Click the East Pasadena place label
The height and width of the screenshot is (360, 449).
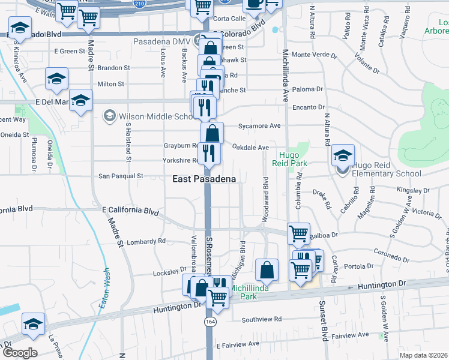(x=204, y=179)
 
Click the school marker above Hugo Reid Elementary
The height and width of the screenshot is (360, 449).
(x=343, y=156)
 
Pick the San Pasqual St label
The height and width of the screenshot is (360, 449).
(x=121, y=176)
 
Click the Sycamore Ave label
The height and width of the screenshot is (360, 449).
(x=259, y=126)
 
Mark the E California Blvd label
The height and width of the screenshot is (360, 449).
(x=130, y=211)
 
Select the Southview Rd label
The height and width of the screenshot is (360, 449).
(x=262, y=319)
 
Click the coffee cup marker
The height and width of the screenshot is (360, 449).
(x=254, y=4)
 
